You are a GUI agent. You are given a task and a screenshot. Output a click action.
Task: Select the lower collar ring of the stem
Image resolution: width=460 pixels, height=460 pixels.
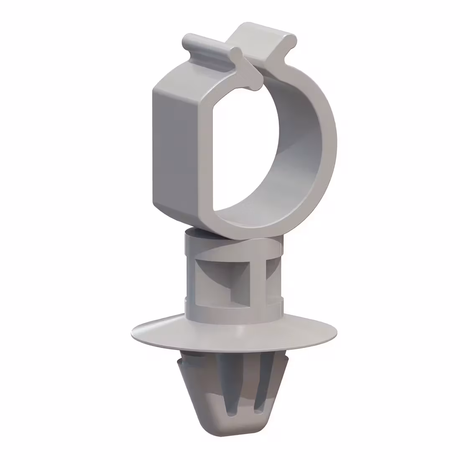[234, 307]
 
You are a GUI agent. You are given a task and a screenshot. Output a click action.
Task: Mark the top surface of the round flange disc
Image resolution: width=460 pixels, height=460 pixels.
[176, 330]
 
